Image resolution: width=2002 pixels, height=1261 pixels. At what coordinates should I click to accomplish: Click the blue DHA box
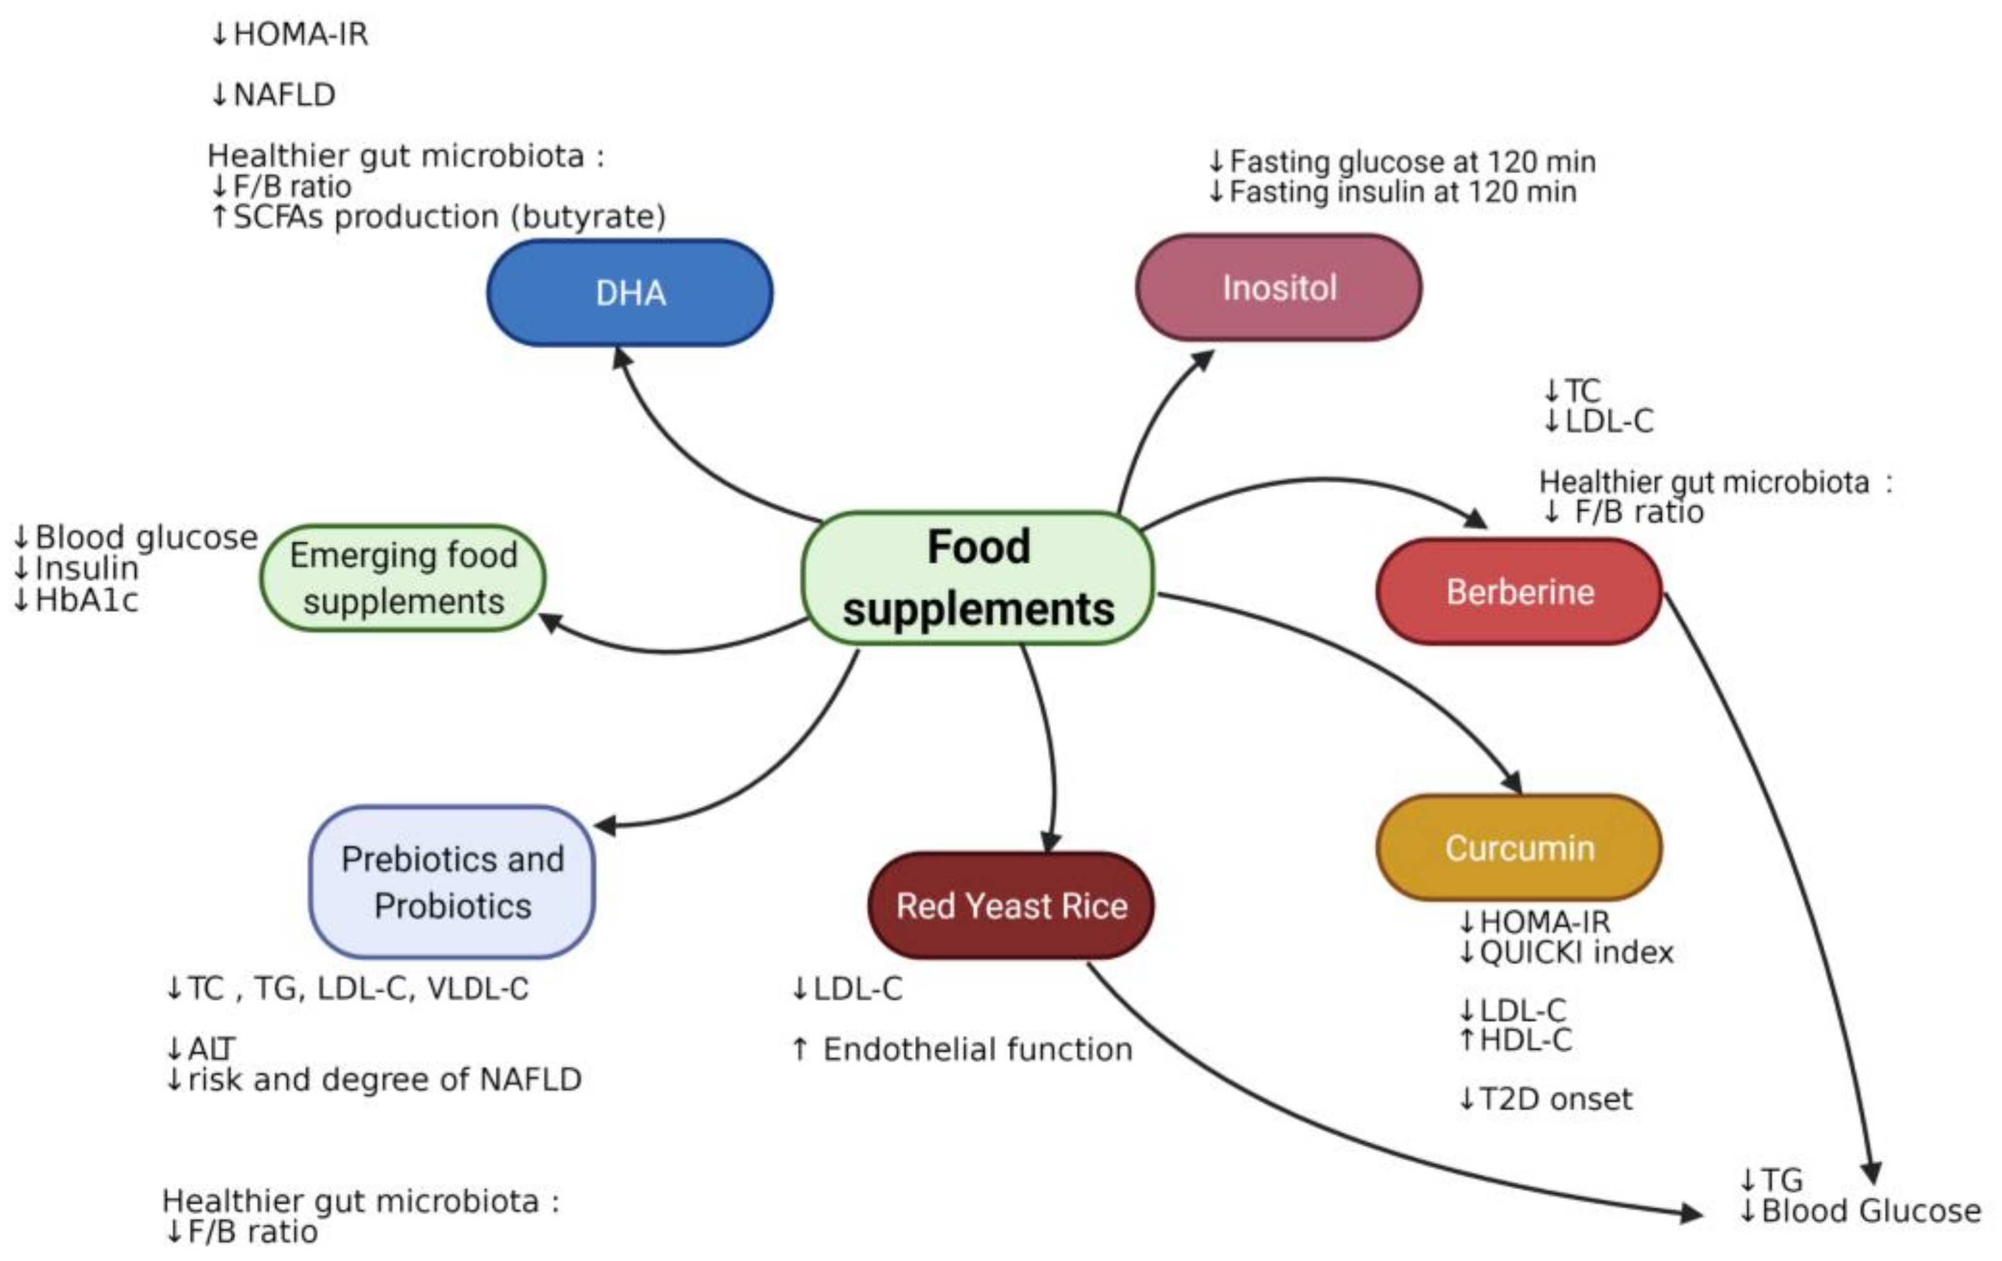[629, 293]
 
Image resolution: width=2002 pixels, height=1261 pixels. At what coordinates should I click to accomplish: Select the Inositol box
[1278, 288]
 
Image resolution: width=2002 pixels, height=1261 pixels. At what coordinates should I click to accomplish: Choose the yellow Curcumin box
[1519, 848]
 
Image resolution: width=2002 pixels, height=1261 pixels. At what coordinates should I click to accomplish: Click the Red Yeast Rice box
[1011, 905]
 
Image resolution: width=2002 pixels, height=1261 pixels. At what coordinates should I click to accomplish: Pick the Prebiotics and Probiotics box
[452, 882]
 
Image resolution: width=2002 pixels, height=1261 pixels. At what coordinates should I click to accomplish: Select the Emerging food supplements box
[403, 578]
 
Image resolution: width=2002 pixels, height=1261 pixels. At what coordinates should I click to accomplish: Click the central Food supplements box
[978, 578]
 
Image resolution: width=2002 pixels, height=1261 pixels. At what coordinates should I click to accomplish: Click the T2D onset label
[1555, 1100]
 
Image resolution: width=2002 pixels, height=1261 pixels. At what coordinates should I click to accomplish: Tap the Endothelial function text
[977, 1050]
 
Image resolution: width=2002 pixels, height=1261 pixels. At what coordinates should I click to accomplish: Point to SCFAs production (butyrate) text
[449, 217]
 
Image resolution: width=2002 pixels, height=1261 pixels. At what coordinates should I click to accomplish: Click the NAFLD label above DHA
[283, 95]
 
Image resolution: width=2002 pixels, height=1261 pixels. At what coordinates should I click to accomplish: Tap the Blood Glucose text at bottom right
[1871, 1211]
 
